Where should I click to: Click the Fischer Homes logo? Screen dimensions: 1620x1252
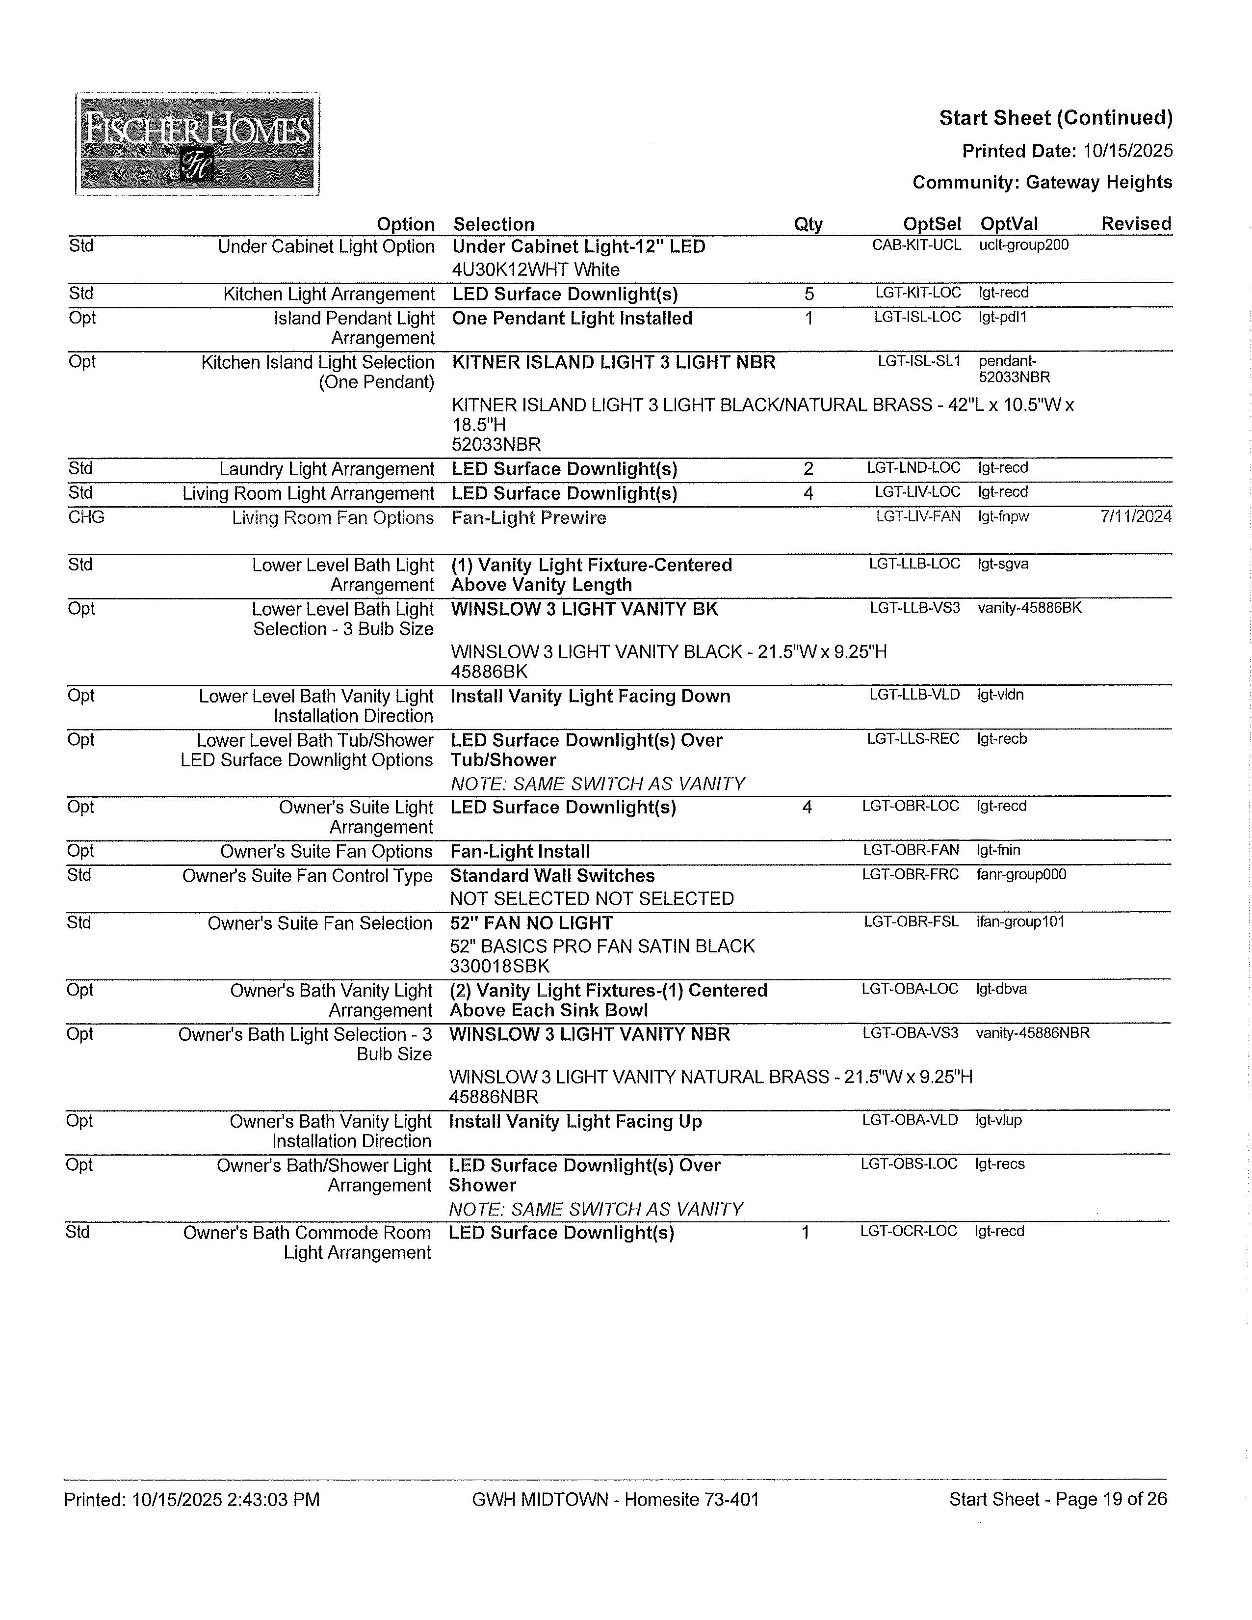point(197,144)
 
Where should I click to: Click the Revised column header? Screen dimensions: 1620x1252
point(1136,224)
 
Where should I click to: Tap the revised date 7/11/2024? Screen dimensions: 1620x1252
point(1136,516)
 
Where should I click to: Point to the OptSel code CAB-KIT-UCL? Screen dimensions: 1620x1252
point(916,245)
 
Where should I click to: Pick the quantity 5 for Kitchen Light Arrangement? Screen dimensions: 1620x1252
point(809,295)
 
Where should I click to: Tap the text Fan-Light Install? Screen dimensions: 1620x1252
point(520,852)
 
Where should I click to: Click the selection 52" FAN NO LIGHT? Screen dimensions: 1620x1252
point(531,923)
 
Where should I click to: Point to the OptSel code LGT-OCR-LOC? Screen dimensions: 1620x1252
point(908,1231)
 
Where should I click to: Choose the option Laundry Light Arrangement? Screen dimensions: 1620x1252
point(326,469)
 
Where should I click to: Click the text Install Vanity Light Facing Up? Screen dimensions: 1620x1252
point(575,1122)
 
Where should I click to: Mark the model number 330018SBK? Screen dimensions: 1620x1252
point(499,967)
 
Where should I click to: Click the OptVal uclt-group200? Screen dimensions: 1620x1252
point(1023,245)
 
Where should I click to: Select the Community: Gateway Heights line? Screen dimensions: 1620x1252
point(1042,183)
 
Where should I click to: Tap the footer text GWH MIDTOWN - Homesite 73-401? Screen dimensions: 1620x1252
point(615,1500)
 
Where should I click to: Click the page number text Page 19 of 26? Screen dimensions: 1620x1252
point(1110,1499)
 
